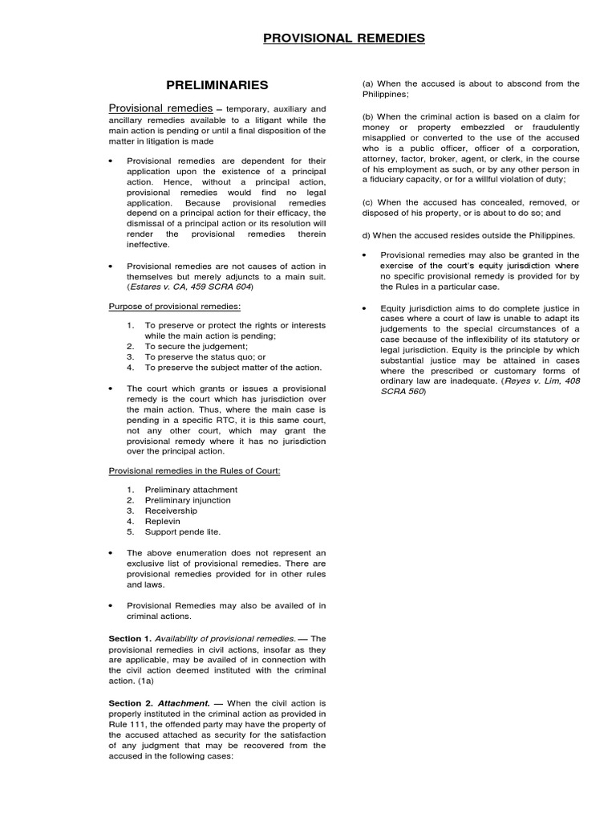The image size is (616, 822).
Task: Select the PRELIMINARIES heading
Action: (x=217, y=84)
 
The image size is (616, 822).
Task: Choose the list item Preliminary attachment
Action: (x=191, y=490)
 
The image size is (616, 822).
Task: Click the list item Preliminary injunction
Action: (x=188, y=500)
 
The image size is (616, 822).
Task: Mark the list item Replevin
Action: (x=163, y=521)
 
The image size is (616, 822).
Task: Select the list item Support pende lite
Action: (x=182, y=531)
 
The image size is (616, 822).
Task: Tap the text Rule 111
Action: (x=129, y=724)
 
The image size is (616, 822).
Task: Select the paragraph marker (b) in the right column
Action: (x=369, y=116)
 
